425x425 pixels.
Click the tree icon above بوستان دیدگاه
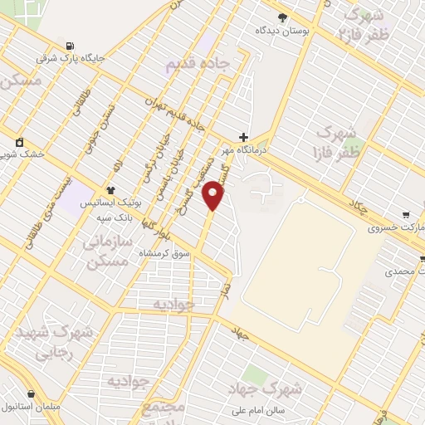click(x=282, y=17)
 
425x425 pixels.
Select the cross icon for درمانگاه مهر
click(x=242, y=137)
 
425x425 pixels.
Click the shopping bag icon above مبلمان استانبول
click(x=31, y=394)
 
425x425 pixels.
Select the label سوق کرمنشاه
click(x=166, y=252)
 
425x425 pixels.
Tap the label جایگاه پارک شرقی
click(x=70, y=59)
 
